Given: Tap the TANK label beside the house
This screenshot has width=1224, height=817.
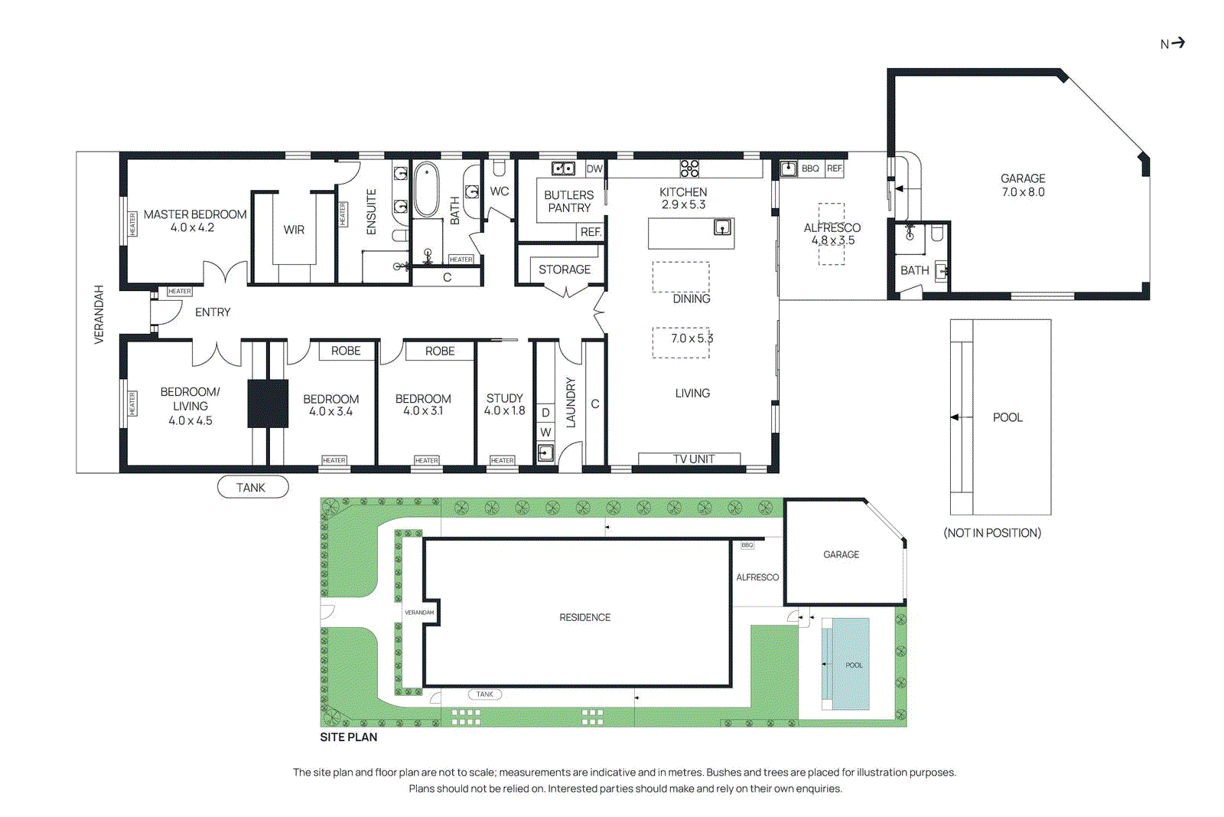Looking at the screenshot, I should pos(252,488).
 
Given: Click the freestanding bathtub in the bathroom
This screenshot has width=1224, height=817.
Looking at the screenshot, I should pos(426,188).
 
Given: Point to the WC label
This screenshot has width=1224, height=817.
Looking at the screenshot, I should pos(500,191).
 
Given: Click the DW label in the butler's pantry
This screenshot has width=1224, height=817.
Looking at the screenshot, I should pos(594,168).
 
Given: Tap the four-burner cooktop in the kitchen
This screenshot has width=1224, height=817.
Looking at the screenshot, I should pos(689,168).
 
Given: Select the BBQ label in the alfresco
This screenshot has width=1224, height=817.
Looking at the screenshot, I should pos(810,168).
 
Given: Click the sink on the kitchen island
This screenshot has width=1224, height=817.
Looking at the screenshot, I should pos(722,227).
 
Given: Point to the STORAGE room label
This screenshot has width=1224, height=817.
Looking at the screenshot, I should pos(565,270).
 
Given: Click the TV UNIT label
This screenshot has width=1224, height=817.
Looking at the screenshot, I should pos(693,459).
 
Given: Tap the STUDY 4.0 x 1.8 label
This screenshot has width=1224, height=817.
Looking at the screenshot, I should pos(505,404).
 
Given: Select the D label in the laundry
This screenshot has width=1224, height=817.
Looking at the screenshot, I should pos(545,413).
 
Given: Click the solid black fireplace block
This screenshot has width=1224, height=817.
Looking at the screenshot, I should pos(268,404).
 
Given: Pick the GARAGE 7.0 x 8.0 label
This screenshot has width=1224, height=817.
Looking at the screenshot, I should pos(1023,185).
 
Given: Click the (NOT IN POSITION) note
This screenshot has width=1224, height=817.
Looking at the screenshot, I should pos(992,533).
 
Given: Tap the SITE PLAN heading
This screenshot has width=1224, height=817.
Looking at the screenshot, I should pos(349,737).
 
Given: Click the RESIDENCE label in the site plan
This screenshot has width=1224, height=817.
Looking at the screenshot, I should pos(584,617).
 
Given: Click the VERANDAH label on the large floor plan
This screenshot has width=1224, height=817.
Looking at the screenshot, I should pos(99,314).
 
